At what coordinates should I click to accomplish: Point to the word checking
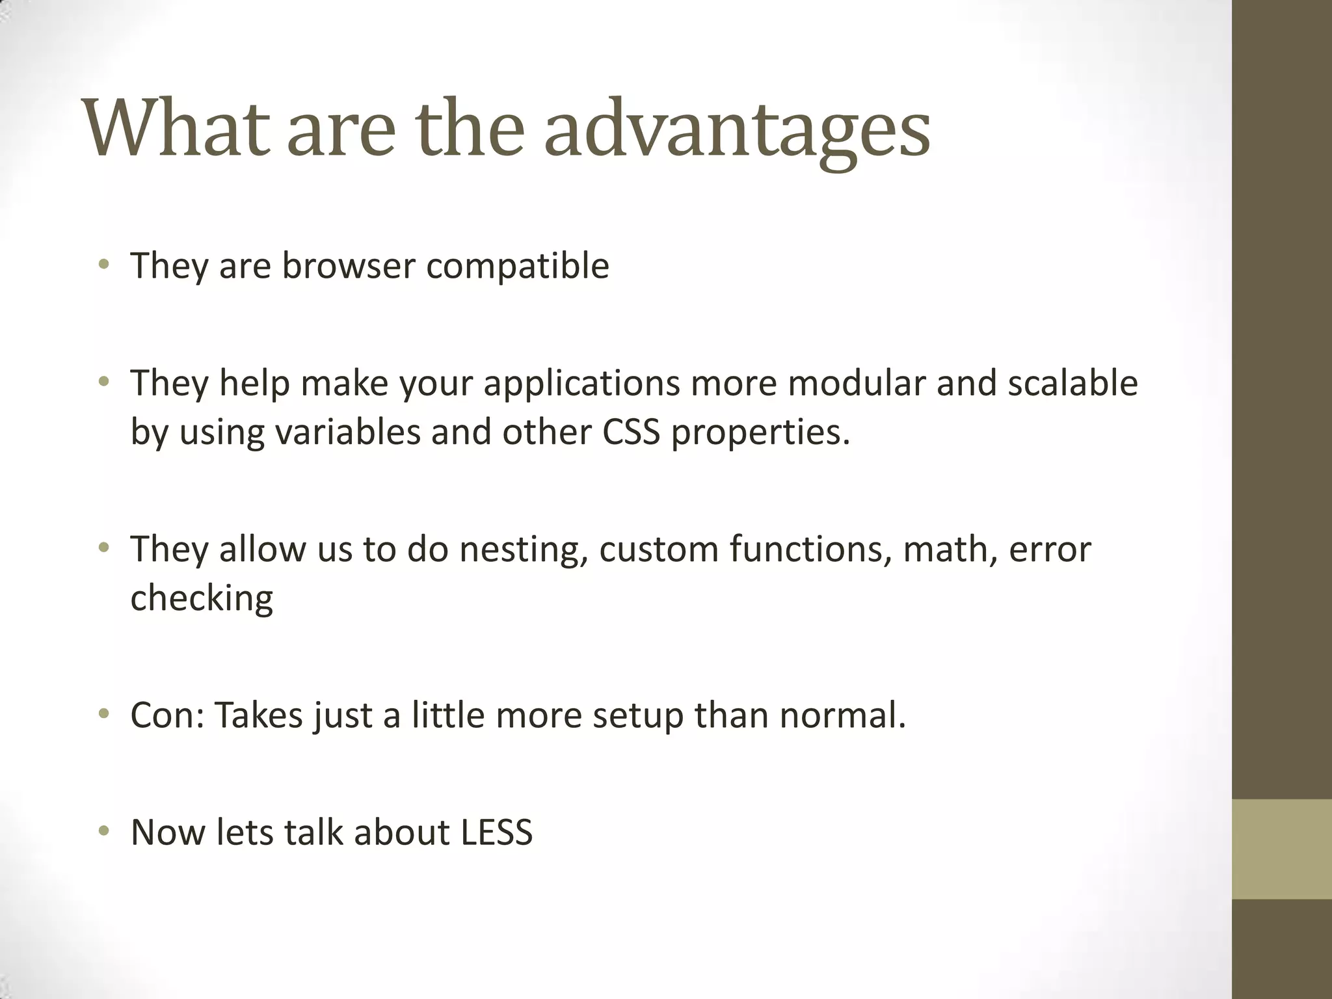coord(202,598)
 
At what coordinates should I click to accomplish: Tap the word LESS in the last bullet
coord(497,832)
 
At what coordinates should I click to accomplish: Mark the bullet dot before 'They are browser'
coord(103,264)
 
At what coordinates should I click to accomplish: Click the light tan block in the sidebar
coord(1281,849)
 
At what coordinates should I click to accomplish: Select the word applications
coord(581,383)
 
